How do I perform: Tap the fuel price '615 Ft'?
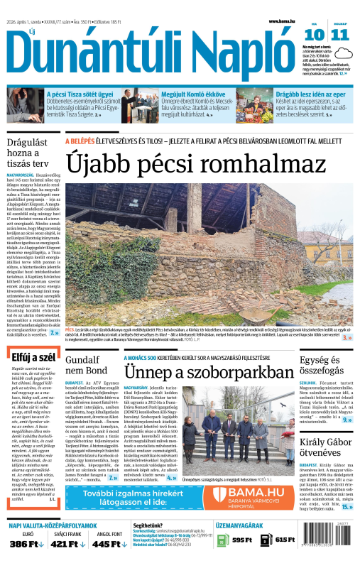pyautogui.click(x=285, y=540)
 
